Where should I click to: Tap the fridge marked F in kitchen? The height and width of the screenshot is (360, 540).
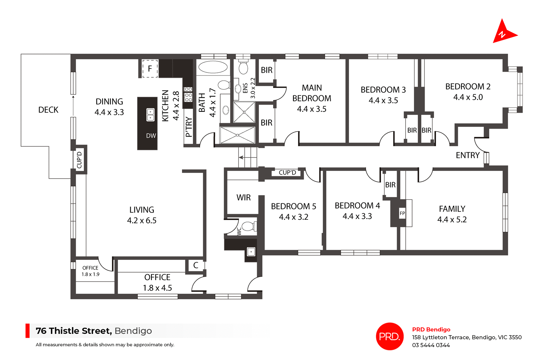150,68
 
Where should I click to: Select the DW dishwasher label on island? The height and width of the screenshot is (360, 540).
151,136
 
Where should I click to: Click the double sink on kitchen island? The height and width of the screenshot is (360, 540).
150,115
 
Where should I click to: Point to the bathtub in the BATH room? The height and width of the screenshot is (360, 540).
213,67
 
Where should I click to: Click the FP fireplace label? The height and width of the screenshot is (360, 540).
402,213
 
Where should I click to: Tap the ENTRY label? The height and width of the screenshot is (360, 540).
467,155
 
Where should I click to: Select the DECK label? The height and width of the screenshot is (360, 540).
48,110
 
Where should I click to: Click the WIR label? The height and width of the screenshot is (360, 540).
243,198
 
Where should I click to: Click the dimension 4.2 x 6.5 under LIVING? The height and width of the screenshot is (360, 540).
141,220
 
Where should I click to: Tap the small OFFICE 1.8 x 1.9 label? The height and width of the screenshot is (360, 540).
90,271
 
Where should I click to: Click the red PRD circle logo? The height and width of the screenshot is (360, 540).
390,336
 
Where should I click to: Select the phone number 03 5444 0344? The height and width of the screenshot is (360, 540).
431,345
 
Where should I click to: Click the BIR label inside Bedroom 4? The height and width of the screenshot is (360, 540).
390,185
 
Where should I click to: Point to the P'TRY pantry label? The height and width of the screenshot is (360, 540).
189,127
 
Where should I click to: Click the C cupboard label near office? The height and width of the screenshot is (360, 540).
196,265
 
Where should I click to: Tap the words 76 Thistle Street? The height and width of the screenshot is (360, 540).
74,331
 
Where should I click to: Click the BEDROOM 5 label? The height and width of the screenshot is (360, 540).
293,206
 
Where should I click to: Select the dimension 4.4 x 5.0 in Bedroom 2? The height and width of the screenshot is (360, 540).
468,97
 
